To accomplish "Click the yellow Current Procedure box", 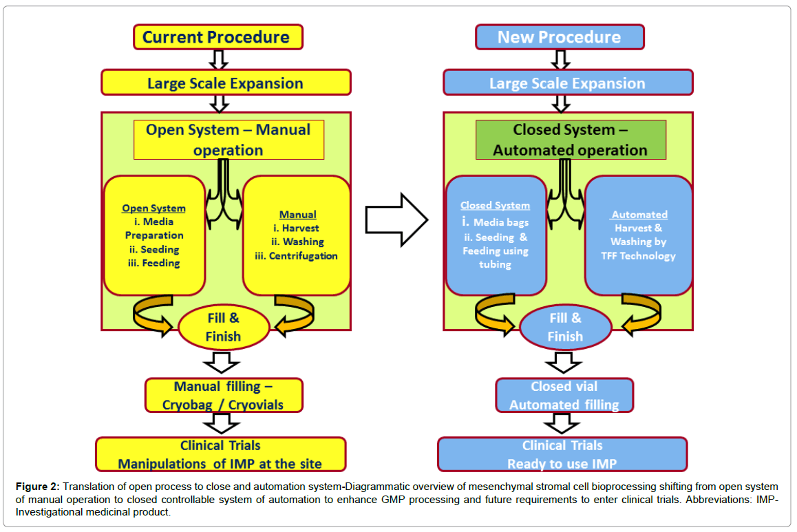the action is pyautogui.click(x=218, y=37).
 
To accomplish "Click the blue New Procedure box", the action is pyautogui.click(x=560, y=37).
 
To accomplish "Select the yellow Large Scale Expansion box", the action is pyautogui.click(x=226, y=83).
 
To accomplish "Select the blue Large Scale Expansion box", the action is pyautogui.click(x=568, y=83).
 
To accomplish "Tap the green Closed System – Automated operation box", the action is pyautogui.click(x=571, y=140).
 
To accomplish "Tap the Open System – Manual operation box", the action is pyautogui.click(x=229, y=140).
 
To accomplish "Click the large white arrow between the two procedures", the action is pyautogui.click(x=397, y=220).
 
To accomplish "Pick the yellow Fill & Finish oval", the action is pyautogui.click(x=224, y=327).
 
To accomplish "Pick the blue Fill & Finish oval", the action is pyautogui.click(x=565, y=327).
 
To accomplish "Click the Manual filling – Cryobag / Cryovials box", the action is pyautogui.click(x=224, y=395).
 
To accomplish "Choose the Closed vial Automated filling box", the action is pyautogui.click(x=564, y=395).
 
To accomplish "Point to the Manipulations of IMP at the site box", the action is pyautogui.click(x=221, y=454).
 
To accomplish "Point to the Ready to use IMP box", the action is pyautogui.click(x=562, y=454).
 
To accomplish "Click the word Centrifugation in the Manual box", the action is pyautogui.click(x=303, y=256).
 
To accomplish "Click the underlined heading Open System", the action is pyautogui.click(x=154, y=209).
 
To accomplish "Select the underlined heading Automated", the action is pyautogui.click(x=639, y=215).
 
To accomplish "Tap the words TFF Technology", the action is pyautogui.click(x=639, y=256).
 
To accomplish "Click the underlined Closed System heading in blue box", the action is pyautogui.click(x=495, y=205).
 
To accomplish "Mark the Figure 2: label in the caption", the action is pyautogui.click(x=38, y=487).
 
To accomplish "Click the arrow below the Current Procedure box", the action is pyautogui.click(x=219, y=59).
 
